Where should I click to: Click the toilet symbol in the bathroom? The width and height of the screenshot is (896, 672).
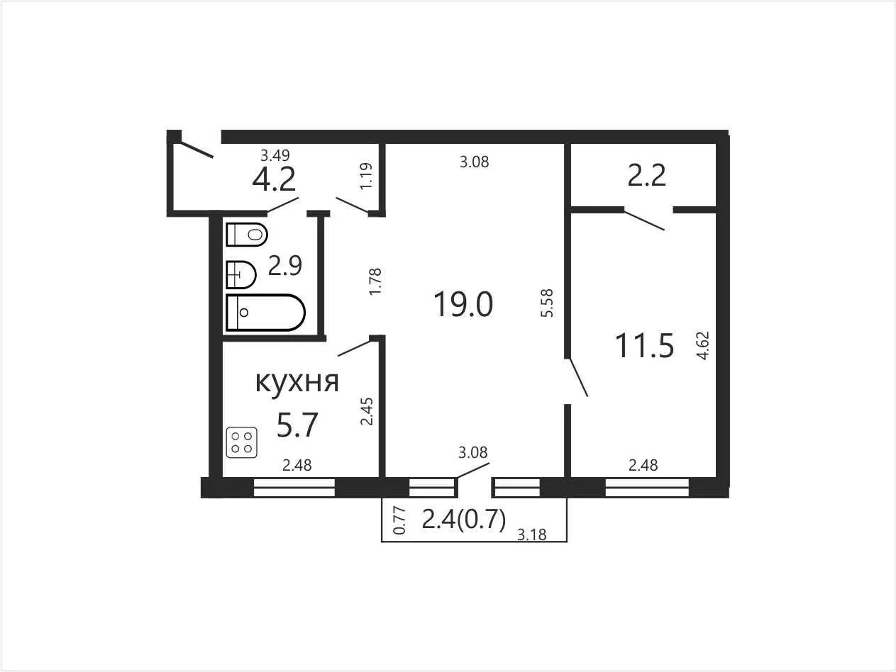[247, 235]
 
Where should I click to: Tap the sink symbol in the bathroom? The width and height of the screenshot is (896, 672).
[240, 274]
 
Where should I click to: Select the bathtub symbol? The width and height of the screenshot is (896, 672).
[265, 313]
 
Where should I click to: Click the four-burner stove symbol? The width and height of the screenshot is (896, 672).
[242, 442]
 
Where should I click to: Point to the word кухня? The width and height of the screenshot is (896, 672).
[297, 382]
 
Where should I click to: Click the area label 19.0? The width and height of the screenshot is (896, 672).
[463, 304]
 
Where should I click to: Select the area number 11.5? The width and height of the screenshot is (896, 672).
[644, 346]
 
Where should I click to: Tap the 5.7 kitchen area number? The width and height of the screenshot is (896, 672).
[297, 425]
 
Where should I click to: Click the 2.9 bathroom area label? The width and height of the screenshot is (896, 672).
[285, 265]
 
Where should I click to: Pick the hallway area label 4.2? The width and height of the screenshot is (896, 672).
[274, 179]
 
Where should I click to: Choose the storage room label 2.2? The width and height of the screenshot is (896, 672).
[646, 175]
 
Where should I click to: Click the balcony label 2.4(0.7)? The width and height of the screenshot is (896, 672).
[464, 520]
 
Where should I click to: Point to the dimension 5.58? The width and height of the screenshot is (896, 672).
[546, 303]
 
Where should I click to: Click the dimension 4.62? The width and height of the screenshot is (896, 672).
[703, 346]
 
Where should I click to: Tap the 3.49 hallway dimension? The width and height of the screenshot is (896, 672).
[275, 155]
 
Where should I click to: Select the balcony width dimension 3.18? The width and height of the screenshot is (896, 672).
[531, 534]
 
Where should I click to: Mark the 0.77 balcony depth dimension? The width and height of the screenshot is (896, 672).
[399, 520]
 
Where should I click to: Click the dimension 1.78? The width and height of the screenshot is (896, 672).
[375, 281]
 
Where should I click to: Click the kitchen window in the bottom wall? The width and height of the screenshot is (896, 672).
[294, 488]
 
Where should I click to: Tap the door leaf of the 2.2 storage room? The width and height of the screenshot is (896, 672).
[644, 220]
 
